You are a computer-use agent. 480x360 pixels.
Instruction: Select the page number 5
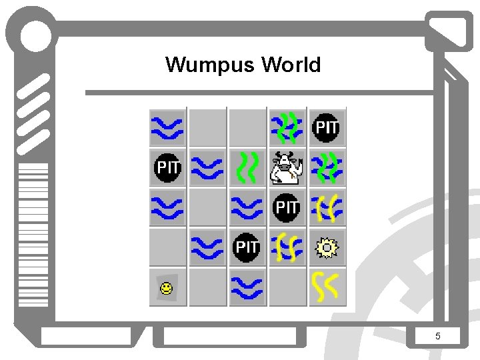click(x=437, y=336)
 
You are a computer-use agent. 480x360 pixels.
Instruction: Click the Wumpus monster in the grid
click(x=287, y=168)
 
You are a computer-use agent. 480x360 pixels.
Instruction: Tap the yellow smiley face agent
click(x=166, y=288)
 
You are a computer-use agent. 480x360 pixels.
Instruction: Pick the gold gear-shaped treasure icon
click(x=327, y=248)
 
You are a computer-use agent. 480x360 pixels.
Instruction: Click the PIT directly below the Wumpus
click(x=287, y=208)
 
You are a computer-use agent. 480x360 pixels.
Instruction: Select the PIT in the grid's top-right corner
click(x=327, y=127)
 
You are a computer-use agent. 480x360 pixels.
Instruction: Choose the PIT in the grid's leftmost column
click(x=167, y=168)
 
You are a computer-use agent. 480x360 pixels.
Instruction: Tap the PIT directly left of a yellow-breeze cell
click(x=247, y=248)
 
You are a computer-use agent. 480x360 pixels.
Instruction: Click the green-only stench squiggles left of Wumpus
click(x=247, y=168)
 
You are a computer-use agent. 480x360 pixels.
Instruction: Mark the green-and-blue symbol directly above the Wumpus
click(x=287, y=127)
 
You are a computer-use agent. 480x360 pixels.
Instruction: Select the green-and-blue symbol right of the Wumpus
click(x=327, y=168)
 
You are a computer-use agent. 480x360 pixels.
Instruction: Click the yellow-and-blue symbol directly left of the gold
click(x=287, y=248)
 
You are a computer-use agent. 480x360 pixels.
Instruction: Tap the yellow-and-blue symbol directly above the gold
click(x=327, y=208)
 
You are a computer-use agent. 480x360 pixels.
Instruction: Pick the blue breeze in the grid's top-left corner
click(x=167, y=127)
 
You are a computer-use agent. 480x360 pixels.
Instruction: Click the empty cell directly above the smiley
click(x=167, y=248)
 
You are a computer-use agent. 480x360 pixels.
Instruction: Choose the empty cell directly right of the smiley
click(x=207, y=287)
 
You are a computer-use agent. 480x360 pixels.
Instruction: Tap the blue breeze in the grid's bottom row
click(x=247, y=287)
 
